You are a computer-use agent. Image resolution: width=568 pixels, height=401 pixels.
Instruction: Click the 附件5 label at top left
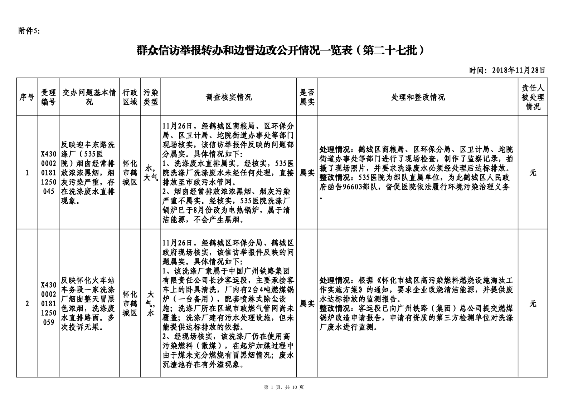(29, 31)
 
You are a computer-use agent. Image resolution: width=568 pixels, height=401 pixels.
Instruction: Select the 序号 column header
(27, 97)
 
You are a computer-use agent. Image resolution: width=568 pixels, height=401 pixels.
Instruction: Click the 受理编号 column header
(49, 97)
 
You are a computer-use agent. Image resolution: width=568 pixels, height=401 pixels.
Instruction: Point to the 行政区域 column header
(130, 97)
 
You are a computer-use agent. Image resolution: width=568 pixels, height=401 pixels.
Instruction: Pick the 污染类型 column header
(151, 97)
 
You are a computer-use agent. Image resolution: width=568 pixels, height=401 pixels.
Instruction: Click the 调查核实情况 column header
(228, 97)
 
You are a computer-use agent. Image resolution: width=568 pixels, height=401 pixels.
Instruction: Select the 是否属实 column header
(307, 97)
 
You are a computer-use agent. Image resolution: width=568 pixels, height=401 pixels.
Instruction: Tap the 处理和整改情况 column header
(418, 97)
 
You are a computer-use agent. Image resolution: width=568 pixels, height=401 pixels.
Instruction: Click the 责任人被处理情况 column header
(533, 97)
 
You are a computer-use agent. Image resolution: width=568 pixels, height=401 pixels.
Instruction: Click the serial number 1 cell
(27, 173)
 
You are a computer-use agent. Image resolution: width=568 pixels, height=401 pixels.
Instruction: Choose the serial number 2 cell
(27, 304)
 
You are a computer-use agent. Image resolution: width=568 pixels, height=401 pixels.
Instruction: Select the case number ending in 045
(49, 173)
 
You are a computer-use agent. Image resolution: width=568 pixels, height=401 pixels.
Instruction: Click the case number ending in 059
(49, 304)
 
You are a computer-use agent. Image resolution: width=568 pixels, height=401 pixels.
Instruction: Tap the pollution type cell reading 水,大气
(151, 173)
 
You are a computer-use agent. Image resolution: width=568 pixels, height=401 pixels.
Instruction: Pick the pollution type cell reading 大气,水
(151, 304)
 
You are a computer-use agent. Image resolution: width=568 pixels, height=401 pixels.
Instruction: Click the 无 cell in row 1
(533, 173)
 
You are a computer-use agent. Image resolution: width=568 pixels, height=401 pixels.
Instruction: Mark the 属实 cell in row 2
(307, 304)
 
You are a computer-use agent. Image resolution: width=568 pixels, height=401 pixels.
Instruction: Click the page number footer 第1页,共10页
(283, 387)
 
